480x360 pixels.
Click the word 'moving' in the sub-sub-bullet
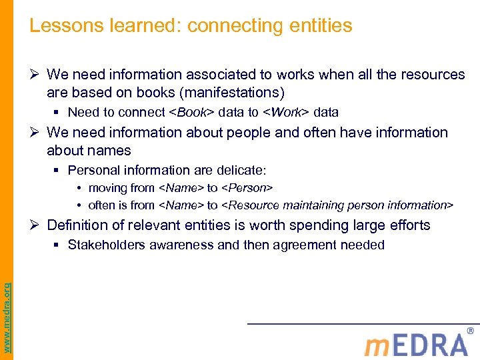(x=106, y=188)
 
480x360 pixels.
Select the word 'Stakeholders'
(x=107, y=245)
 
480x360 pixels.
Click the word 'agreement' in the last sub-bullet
(x=300, y=245)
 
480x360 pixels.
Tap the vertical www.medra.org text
(x=7, y=307)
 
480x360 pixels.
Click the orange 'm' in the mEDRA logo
(x=377, y=345)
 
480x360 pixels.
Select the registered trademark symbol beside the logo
(x=470, y=331)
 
